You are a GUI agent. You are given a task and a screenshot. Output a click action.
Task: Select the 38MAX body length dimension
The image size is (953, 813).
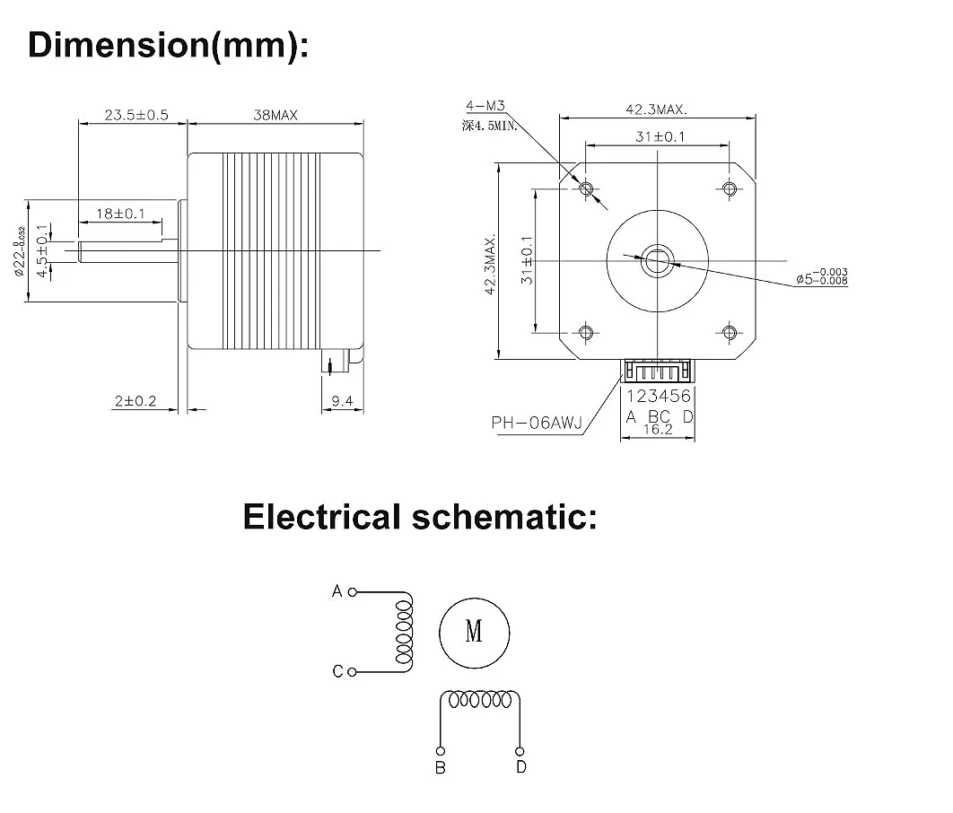pos(275,115)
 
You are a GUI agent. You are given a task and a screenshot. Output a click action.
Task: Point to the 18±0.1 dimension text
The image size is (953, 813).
pos(120,214)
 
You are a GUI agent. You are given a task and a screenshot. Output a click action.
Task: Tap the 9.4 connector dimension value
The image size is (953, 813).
pos(341,401)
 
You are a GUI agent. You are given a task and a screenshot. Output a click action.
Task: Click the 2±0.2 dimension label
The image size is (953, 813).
pos(136,401)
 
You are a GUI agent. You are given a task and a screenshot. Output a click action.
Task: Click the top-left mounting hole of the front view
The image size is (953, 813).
pos(587,188)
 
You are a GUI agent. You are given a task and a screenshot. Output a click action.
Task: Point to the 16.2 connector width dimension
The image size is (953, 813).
pos(658,430)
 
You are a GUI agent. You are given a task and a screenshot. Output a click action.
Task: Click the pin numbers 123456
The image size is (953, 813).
pos(659,396)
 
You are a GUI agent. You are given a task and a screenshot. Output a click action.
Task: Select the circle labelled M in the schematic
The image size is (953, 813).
pos(475,632)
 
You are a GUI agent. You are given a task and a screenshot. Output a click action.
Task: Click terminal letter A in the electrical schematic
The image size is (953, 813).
pos(337,591)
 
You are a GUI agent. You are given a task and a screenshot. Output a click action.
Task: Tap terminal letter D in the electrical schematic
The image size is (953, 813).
pos(521,766)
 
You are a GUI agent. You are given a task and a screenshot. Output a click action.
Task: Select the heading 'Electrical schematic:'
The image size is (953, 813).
pos(420,517)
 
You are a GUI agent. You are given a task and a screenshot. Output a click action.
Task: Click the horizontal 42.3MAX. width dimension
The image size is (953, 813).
pos(657,109)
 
